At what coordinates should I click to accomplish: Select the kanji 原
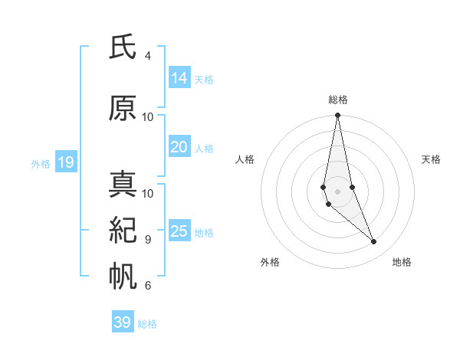coord(123,109)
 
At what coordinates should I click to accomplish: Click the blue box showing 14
coord(179,78)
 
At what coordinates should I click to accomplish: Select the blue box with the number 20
coord(179,147)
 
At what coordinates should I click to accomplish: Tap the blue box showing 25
coord(179,231)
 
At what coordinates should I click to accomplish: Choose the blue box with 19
coord(65,162)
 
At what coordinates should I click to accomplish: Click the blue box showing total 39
coord(122,322)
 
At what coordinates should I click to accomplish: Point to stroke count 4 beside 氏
coord(148,56)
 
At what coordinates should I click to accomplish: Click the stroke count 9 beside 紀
coord(148,240)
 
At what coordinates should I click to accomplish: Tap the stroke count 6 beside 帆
coord(148,286)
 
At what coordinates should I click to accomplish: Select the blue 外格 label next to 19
coord(41,163)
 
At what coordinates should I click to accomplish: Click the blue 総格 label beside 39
coord(147,324)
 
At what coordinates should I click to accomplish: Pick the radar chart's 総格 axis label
coord(338,100)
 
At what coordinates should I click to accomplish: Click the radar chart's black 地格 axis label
coord(402,262)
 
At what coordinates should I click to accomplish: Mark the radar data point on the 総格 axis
coord(337,116)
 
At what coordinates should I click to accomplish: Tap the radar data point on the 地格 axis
coord(374,242)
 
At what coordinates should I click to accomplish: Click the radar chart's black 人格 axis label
coord(245,159)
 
